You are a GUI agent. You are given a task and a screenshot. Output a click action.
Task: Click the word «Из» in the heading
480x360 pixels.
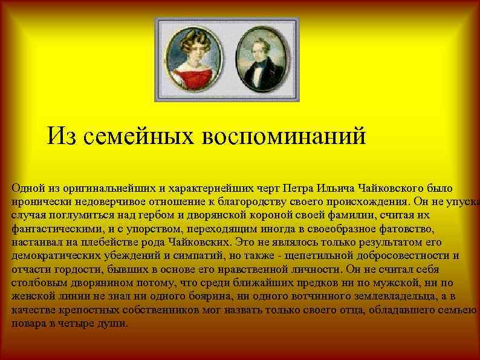point(62,136)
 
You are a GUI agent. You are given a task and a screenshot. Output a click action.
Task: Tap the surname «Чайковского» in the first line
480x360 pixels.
point(387,188)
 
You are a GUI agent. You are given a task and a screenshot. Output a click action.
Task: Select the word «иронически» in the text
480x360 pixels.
point(38,201)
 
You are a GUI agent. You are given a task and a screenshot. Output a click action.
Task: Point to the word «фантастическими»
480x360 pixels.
point(55,229)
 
